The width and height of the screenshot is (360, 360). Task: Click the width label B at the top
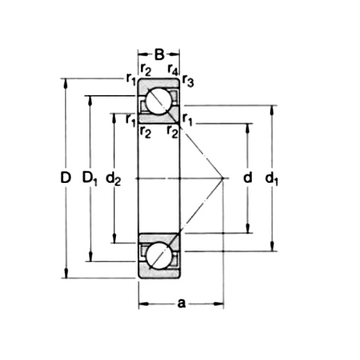coord(159,53)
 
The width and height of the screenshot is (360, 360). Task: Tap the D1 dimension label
coord(89,178)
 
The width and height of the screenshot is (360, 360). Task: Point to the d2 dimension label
coord(113,178)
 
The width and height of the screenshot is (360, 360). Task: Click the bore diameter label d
coord(248,178)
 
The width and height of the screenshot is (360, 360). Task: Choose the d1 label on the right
coord(272,178)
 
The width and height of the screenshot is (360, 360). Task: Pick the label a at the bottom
coord(181,304)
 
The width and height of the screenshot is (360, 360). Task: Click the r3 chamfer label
coord(188,81)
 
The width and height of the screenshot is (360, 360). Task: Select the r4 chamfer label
coord(172,71)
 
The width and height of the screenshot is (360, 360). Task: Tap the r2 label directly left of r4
coord(146,71)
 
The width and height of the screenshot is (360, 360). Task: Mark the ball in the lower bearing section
coord(159,254)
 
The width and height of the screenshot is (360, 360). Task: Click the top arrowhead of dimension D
coord(66,81)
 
